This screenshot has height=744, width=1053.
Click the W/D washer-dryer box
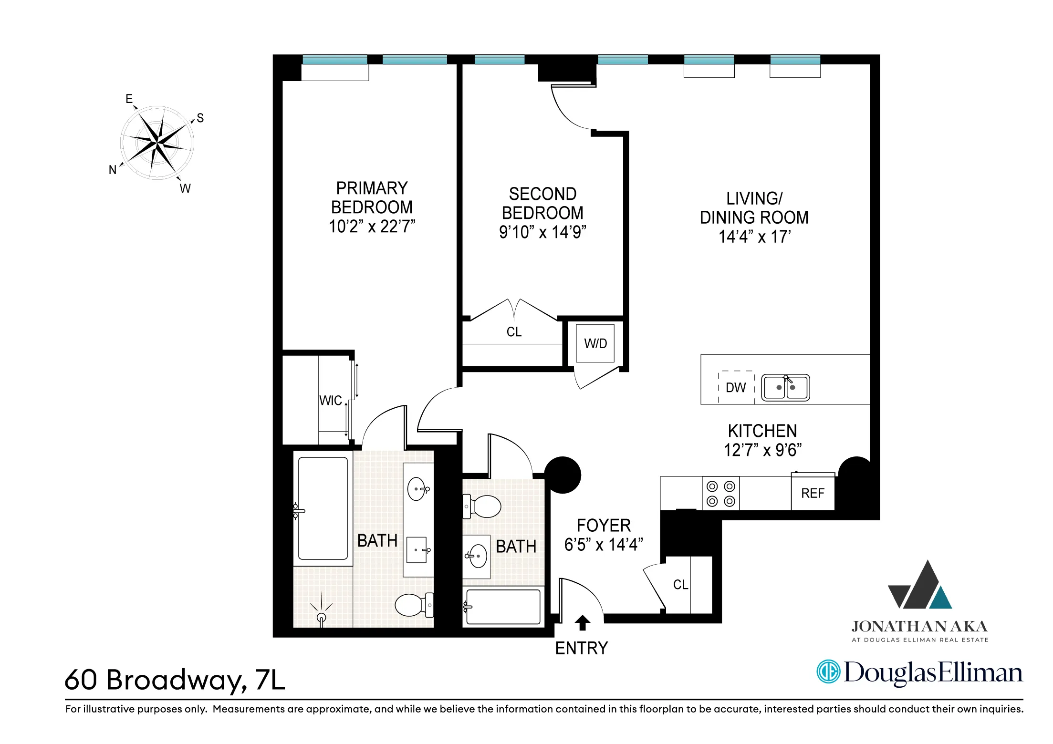[595, 343]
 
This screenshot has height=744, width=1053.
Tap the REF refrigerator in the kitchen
[813, 493]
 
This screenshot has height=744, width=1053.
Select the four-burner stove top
[720, 494]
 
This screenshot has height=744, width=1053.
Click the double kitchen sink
[785, 387]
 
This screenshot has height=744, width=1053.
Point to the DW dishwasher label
[735, 388]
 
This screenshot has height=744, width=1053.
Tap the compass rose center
[157, 142]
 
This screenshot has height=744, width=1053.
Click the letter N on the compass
[113, 170]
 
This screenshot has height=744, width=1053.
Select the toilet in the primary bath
[413, 605]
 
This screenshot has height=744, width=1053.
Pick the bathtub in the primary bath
[323, 508]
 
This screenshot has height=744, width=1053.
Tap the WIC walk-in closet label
[331, 400]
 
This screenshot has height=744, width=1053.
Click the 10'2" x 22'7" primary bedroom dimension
[372, 227]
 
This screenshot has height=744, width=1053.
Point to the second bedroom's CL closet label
[514, 332]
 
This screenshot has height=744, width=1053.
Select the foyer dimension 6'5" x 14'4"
[604, 545]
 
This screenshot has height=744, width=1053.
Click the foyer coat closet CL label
[680, 585]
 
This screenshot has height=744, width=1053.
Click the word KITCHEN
[762, 431]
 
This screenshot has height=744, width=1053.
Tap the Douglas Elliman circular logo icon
[828, 672]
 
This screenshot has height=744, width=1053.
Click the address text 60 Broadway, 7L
[175, 680]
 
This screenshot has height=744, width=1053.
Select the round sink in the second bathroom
[478, 556]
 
